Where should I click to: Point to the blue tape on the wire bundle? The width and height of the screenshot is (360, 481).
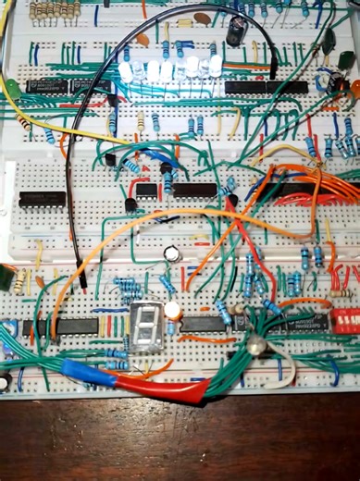click(x=81, y=372)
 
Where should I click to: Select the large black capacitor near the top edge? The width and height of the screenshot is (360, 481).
click(x=238, y=31)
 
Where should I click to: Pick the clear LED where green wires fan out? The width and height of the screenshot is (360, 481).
click(x=255, y=346)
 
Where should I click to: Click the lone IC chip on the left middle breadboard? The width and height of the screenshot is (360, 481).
click(x=43, y=199)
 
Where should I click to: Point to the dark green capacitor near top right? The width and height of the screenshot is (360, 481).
click(x=328, y=41)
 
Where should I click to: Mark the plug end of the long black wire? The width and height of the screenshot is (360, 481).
click(x=82, y=278)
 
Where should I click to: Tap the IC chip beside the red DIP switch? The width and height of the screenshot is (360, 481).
click(x=304, y=322)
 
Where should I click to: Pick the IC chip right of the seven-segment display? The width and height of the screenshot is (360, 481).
click(x=203, y=323)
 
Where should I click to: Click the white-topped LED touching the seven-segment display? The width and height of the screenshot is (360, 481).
click(x=172, y=310)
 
